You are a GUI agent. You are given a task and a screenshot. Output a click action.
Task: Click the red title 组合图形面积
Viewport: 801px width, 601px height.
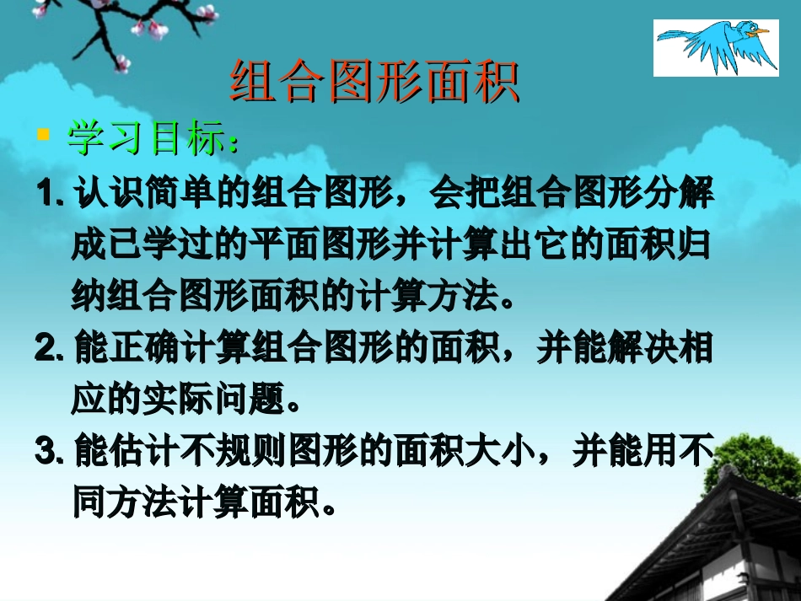(374, 81)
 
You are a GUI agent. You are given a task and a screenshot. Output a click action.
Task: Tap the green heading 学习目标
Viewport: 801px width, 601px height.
(148, 140)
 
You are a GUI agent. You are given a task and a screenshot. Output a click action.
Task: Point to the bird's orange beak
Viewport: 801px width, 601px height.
(762, 32)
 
